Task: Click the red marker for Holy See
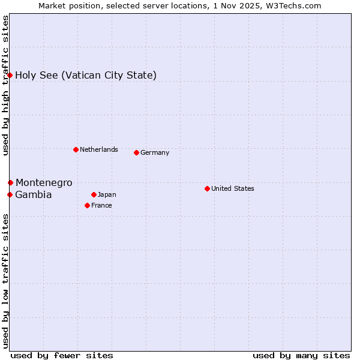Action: click(10, 75)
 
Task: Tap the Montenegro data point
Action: click(10, 182)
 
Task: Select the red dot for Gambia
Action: click(10, 194)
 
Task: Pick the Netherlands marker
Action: click(76, 149)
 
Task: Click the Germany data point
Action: click(136, 152)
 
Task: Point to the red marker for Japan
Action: click(94, 194)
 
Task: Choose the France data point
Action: click(87, 205)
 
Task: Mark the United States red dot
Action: click(207, 188)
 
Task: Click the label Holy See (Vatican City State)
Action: click(86, 75)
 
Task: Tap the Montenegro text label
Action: click(44, 182)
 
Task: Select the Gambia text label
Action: click(34, 194)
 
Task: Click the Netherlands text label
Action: click(99, 149)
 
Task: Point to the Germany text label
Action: click(155, 152)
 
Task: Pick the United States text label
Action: click(233, 188)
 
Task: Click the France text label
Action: click(101, 205)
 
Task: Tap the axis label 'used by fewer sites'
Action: click(62, 355)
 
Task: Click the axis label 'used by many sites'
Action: click(301, 355)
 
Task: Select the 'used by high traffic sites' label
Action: click(5, 85)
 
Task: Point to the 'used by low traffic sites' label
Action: click(5, 280)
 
